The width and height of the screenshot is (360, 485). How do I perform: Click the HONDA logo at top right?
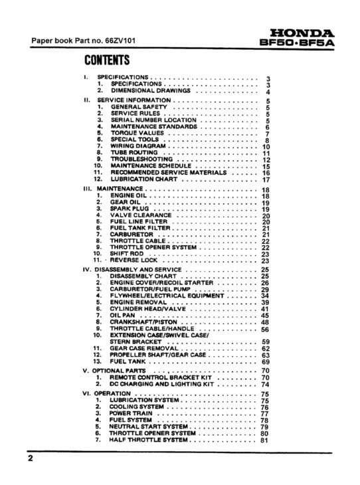[302, 33]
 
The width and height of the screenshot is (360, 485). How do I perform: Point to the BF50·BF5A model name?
[298, 43]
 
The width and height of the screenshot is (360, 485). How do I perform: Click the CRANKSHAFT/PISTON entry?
[143, 322]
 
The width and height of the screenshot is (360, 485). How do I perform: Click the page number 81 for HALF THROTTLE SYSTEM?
[265, 440]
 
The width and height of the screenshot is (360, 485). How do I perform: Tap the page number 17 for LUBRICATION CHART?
[266, 179]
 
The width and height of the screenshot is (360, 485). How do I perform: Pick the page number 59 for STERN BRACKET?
[266, 342]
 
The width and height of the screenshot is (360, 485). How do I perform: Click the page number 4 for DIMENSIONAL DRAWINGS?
[267, 92]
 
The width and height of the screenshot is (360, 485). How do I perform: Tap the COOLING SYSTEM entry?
[137, 407]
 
